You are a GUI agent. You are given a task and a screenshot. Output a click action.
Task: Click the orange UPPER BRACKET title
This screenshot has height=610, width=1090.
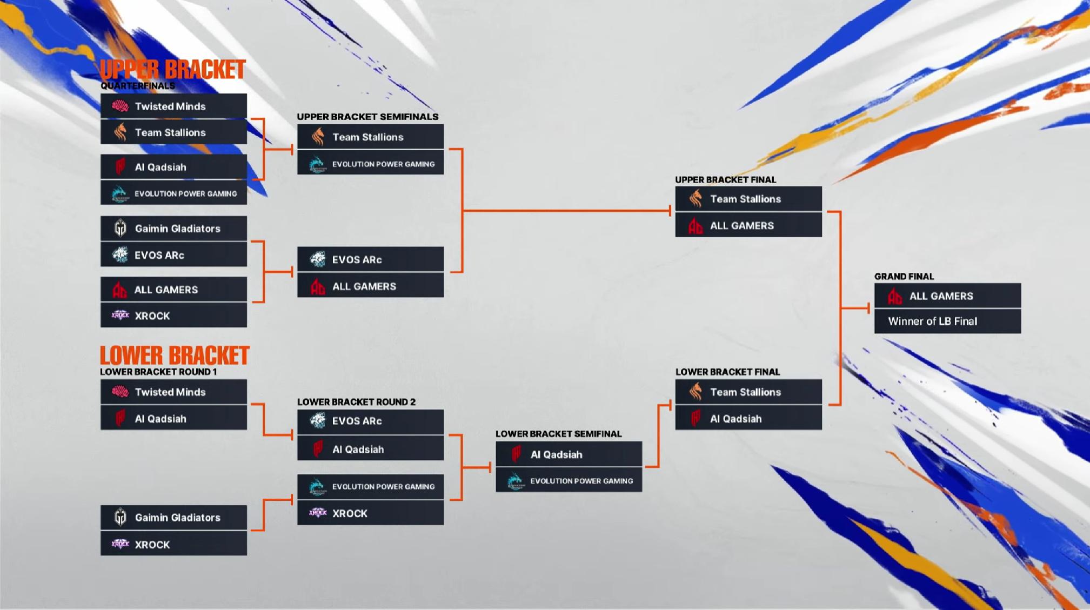[x=172, y=70]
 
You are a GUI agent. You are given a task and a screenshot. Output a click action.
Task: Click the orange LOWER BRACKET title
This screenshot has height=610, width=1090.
[x=174, y=356]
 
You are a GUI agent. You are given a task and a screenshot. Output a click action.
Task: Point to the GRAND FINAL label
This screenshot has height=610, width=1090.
[x=904, y=277]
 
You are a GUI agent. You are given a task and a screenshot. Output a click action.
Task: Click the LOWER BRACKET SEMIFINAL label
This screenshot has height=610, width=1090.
[x=559, y=434]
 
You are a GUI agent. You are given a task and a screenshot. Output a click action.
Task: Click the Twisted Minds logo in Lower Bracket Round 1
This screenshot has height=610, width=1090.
[x=120, y=392]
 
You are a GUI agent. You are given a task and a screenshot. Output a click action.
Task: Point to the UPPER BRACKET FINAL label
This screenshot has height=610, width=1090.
[x=725, y=179]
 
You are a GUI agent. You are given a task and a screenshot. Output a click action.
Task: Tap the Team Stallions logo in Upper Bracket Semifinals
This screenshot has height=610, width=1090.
[x=318, y=137]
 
